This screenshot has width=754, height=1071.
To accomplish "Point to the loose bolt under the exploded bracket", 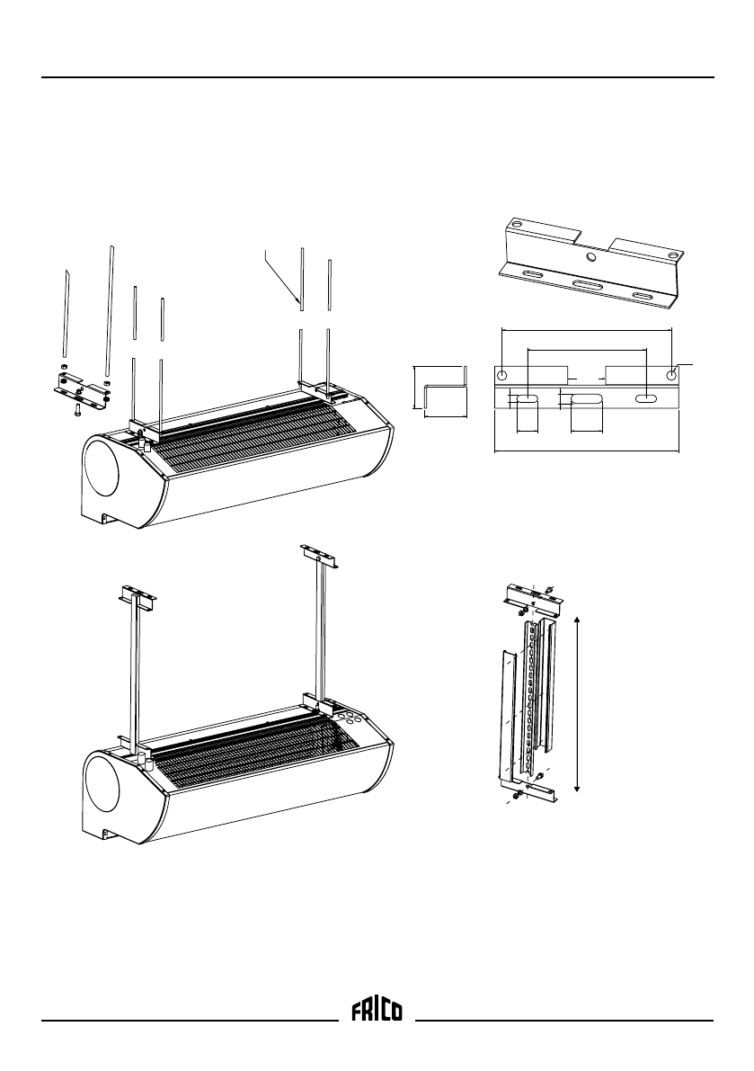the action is pos(78,410).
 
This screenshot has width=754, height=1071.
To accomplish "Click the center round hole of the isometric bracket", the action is pos(590,257).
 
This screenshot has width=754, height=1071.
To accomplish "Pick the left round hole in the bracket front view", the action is pos(503,374).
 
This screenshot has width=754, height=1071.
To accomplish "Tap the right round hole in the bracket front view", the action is pos(670,374).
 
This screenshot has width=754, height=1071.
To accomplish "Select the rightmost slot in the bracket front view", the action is pos(644,398).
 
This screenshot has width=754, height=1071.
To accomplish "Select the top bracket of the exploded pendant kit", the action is pos(530,594).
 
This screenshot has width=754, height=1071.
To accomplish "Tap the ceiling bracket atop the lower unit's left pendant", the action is pos(137,595).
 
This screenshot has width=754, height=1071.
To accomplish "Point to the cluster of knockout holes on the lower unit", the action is pos(351,719).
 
